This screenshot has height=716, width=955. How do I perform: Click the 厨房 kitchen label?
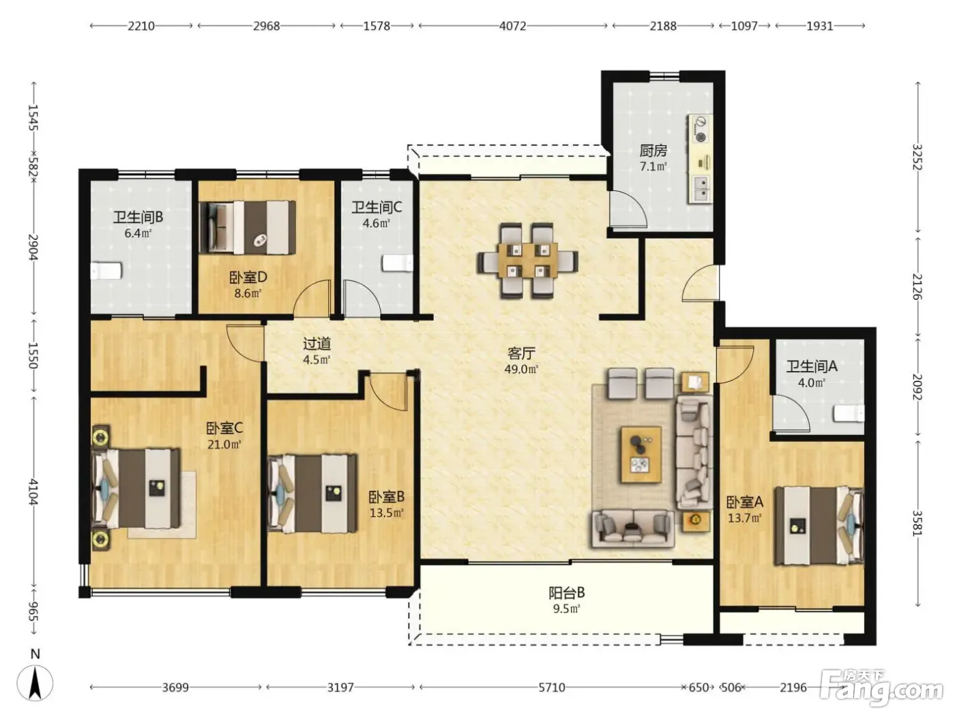653,151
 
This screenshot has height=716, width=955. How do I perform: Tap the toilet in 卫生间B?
106,271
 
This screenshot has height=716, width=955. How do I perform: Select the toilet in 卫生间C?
397,263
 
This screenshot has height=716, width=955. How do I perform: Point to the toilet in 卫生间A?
849,413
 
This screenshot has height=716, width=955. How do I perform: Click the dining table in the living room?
528,260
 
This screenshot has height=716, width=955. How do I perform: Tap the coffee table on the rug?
641,454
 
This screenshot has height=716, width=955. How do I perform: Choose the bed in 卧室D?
247,227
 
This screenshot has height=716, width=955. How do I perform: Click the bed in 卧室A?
819,526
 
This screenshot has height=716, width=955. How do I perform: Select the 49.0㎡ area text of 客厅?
521,370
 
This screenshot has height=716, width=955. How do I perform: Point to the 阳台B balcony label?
566,593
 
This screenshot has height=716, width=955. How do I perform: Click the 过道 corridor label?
317,344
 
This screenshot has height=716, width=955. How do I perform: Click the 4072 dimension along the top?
512,26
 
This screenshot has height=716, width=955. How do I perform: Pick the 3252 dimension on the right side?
917,157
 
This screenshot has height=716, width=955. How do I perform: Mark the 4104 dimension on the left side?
33,492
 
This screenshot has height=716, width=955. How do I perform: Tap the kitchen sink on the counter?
700,189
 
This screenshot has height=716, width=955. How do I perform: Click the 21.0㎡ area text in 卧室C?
224,445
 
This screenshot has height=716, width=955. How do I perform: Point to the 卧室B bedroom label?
386,496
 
